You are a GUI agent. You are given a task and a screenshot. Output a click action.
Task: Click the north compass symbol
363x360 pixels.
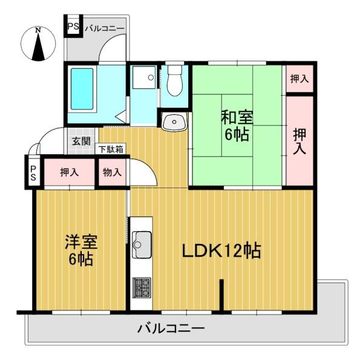pos(38,44)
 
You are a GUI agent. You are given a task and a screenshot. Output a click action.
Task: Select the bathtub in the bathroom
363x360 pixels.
pos(83,89)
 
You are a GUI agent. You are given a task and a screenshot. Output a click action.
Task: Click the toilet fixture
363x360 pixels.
pos(174,83)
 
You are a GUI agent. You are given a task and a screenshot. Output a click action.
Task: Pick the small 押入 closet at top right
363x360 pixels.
pos(299,79)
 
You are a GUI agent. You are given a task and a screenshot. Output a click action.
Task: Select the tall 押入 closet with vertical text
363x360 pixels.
pos(299,140)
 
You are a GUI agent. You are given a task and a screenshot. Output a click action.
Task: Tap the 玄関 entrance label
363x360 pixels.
pos(81,142)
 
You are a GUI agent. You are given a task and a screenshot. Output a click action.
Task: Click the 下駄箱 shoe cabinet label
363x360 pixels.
pos(111,149)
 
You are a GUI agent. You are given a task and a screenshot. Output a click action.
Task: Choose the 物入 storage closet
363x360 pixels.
pos(113,172)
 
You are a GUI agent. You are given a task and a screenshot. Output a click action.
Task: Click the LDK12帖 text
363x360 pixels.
pos(223,250)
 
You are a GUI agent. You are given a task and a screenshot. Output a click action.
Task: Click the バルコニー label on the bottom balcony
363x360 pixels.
pos(171,330)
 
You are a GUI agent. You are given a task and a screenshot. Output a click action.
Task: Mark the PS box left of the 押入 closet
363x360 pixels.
pos(33,172)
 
